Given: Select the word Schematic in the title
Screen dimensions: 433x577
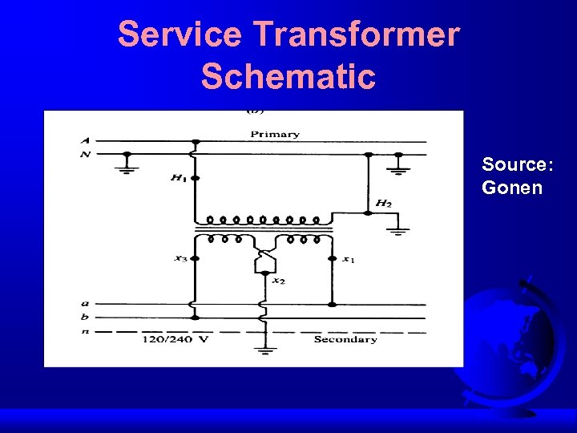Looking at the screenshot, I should coord(288,76).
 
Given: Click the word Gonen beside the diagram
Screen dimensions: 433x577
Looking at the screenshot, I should coord(512,188).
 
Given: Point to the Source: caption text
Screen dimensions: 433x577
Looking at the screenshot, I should coord(517,165).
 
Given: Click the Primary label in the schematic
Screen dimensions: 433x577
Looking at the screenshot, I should coord(275,134).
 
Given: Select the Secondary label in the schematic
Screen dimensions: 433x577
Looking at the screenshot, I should coord(345,339).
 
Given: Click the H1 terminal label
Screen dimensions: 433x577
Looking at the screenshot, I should coord(177,177).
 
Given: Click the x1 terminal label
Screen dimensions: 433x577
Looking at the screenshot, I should coord(349,258).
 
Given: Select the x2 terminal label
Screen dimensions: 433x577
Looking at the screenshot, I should coord(277,281).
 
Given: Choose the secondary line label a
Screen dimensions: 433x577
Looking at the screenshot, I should coord(84,304).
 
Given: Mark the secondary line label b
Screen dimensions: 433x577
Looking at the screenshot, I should coord(84,318).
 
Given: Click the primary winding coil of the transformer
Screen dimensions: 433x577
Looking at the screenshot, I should coord(264,219).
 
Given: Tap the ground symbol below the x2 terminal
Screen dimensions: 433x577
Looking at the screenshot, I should coord(265,350).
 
